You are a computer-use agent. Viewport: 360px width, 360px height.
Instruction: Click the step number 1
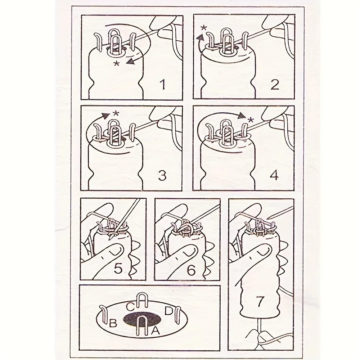click(163, 84)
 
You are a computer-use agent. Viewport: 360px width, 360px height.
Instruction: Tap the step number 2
click(275, 84)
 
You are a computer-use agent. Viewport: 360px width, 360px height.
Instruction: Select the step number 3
click(162, 175)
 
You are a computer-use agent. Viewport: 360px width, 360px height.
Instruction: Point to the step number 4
click(275, 175)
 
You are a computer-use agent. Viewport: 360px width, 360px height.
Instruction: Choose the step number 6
click(191, 270)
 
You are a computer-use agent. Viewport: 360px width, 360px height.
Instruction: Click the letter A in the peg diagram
click(155, 330)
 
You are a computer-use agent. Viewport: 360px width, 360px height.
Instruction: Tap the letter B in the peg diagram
click(113, 323)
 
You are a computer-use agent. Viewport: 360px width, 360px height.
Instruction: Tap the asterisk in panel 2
click(203, 28)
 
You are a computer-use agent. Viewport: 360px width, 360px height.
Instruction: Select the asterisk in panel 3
click(116, 113)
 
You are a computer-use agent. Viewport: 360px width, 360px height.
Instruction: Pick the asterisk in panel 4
click(251, 120)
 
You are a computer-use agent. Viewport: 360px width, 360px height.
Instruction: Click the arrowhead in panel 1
click(131, 61)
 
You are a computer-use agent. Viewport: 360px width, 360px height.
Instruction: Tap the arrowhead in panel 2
click(201, 37)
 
